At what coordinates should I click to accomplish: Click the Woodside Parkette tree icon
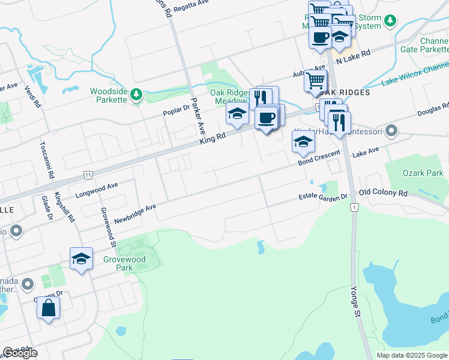click(x=136, y=94)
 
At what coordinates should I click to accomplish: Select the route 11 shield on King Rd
click(x=88, y=175)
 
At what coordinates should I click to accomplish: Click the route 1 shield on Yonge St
click(x=355, y=207)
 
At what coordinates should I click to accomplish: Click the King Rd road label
click(x=212, y=139)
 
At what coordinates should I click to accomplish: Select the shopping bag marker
click(x=49, y=308)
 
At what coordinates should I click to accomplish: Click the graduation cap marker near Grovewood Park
click(x=81, y=259)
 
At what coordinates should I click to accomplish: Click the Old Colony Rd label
click(x=383, y=193)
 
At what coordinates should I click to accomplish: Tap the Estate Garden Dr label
click(x=324, y=197)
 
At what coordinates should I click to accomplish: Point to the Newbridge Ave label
click(x=135, y=211)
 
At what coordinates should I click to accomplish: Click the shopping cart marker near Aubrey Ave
click(x=315, y=80)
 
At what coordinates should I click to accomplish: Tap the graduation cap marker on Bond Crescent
click(x=303, y=142)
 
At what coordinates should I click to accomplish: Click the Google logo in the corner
click(x=20, y=353)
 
